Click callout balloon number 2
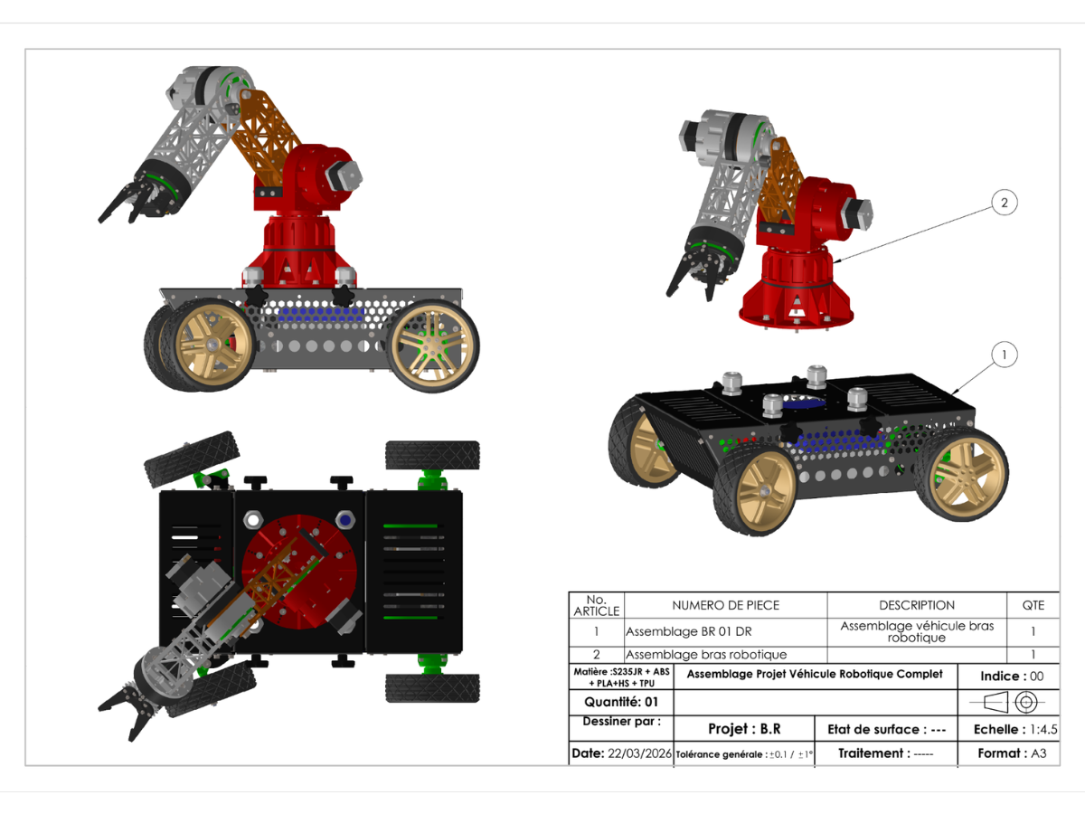coord(1004,203)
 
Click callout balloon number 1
coord(1004,355)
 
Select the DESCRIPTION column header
coord(917,605)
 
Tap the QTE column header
coord(1033,605)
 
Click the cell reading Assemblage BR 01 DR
coord(689,631)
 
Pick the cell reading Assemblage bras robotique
coord(706,654)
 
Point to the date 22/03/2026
coord(639,753)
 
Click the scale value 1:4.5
coord(1043,729)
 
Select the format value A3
coord(1039,753)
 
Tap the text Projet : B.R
coord(744,728)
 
